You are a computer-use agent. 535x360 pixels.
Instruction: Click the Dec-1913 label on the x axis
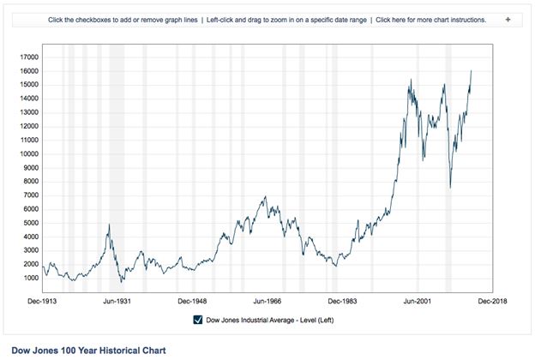click(x=42, y=301)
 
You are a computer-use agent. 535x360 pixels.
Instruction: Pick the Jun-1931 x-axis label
click(x=117, y=301)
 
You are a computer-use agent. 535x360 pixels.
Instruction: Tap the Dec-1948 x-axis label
click(x=192, y=301)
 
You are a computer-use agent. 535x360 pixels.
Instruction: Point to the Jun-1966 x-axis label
click(x=267, y=301)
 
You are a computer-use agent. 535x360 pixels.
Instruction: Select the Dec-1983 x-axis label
click(x=341, y=301)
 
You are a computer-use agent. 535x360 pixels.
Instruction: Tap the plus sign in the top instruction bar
click(x=508, y=19)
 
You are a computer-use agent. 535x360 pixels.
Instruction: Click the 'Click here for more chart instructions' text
click(x=430, y=19)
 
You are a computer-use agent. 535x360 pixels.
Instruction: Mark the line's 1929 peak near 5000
click(x=109, y=225)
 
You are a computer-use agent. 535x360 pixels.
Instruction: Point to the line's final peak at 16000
click(x=472, y=71)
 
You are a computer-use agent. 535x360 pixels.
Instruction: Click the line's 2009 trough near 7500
click(x=450, y=187)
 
